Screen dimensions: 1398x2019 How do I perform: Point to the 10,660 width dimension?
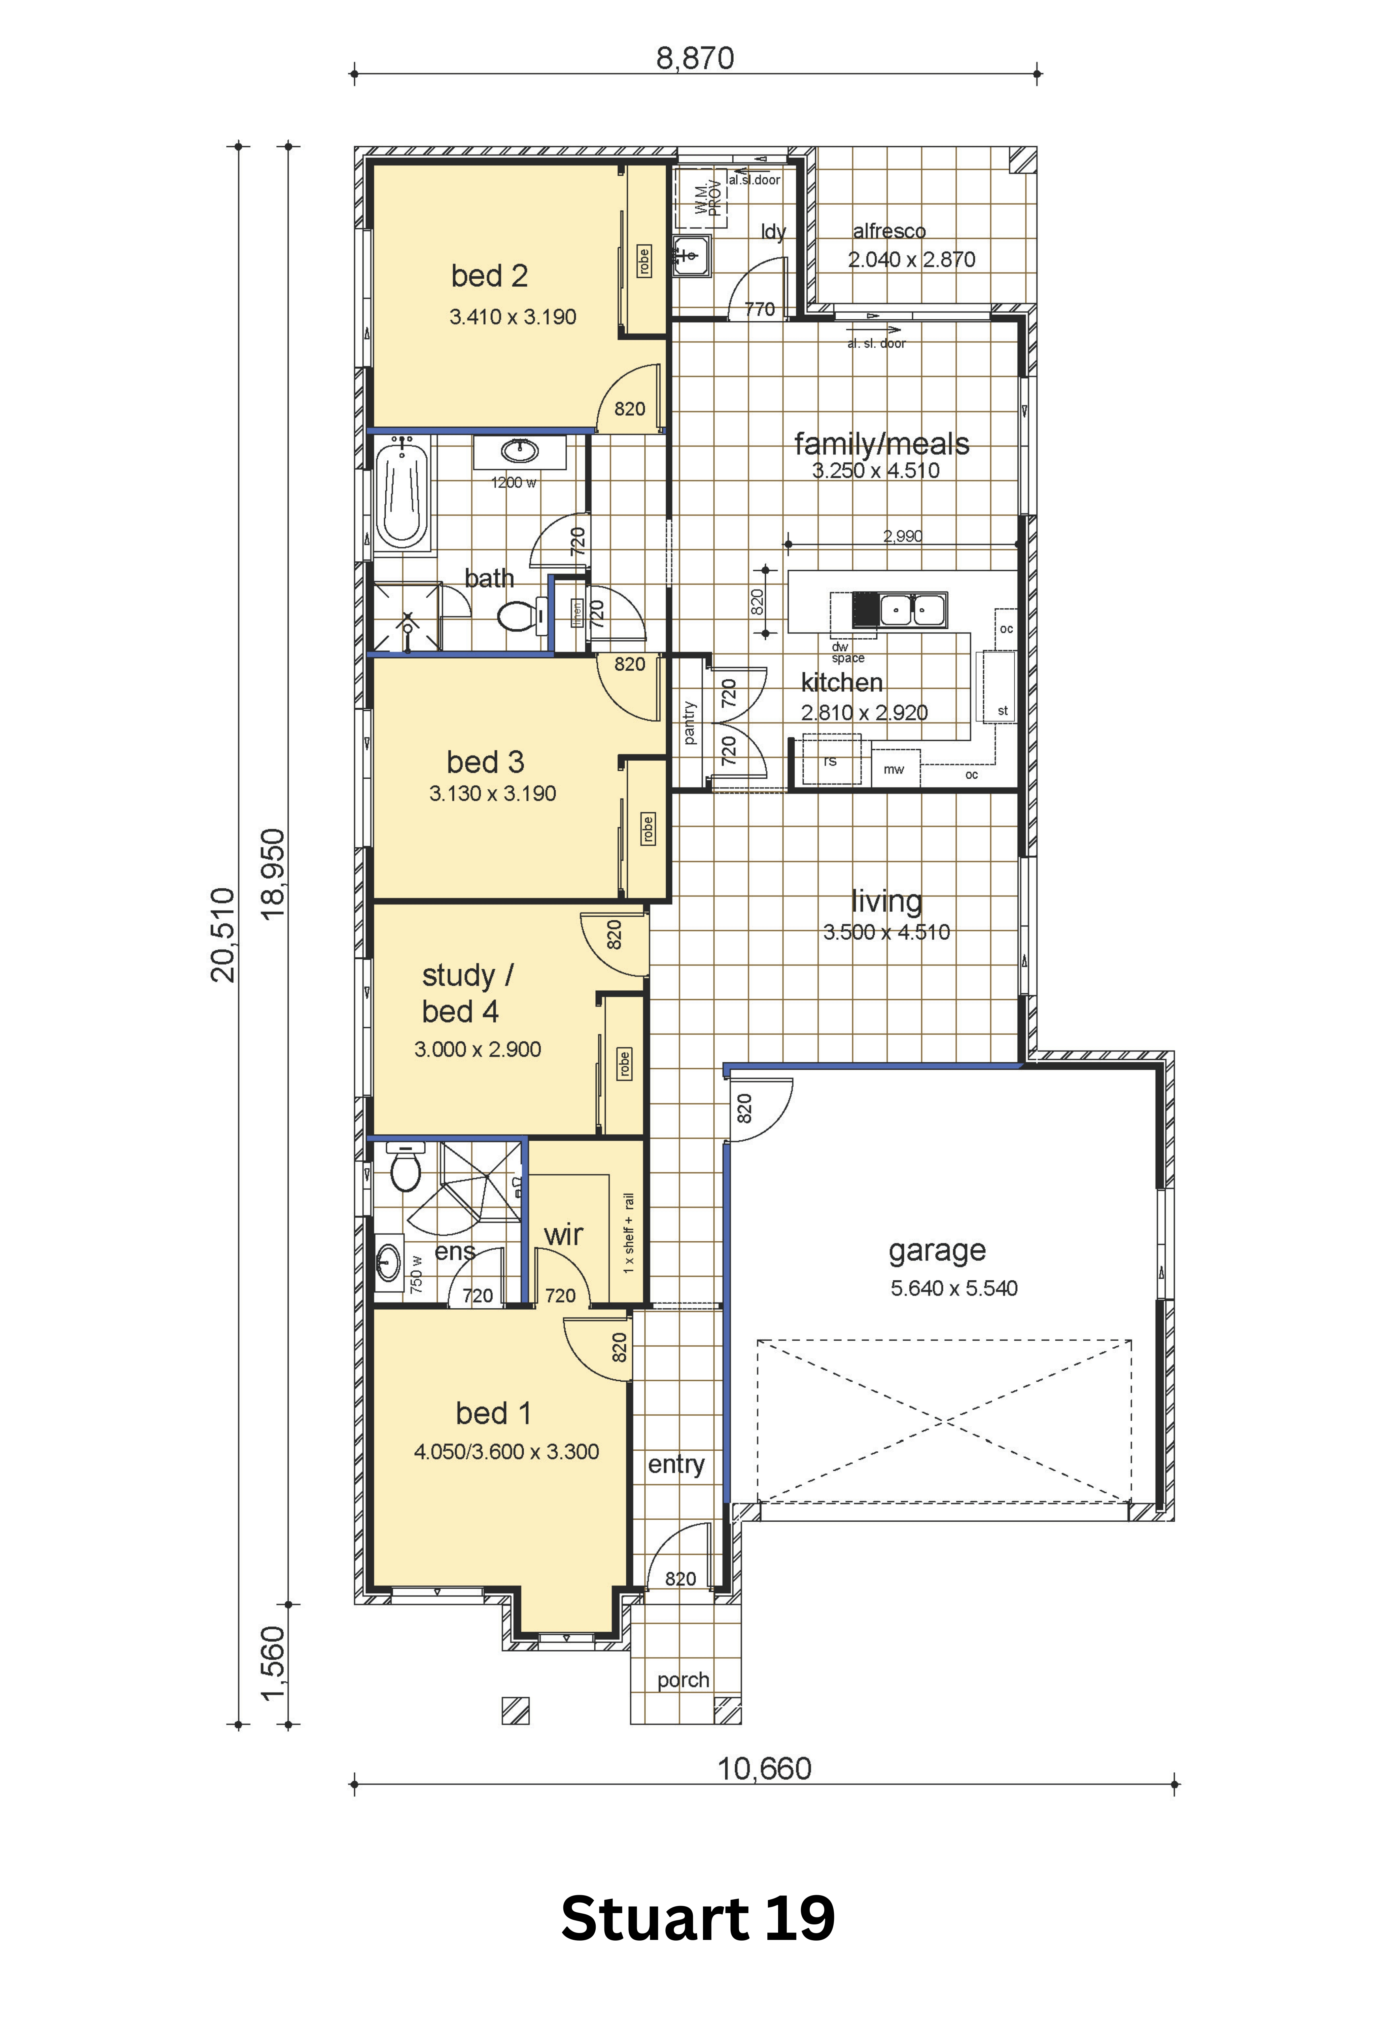click(x=765, y=1769)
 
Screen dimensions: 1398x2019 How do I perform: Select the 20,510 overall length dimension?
click(x=222, y=934)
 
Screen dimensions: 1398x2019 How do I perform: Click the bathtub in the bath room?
click(x=402, y=495)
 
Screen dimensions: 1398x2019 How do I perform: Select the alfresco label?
click(x=889, y=231)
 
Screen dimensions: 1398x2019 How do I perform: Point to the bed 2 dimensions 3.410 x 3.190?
click(x=513, y=317)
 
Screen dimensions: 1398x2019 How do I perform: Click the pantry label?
click(x=689, y=723)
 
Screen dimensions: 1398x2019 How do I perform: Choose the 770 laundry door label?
click(x=760, y=309)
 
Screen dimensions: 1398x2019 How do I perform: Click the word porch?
click(x=683, y=1679)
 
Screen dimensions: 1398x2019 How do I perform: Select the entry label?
click(x=676, y=1464)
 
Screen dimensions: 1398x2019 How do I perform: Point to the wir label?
click(x=563, y=1235)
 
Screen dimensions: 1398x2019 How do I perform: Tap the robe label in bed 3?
click(x=647, y=828)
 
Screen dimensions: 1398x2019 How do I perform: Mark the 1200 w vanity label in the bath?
click(x=513, y=483)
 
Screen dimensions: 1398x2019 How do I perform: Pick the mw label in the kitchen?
click(x=894, y=769)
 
